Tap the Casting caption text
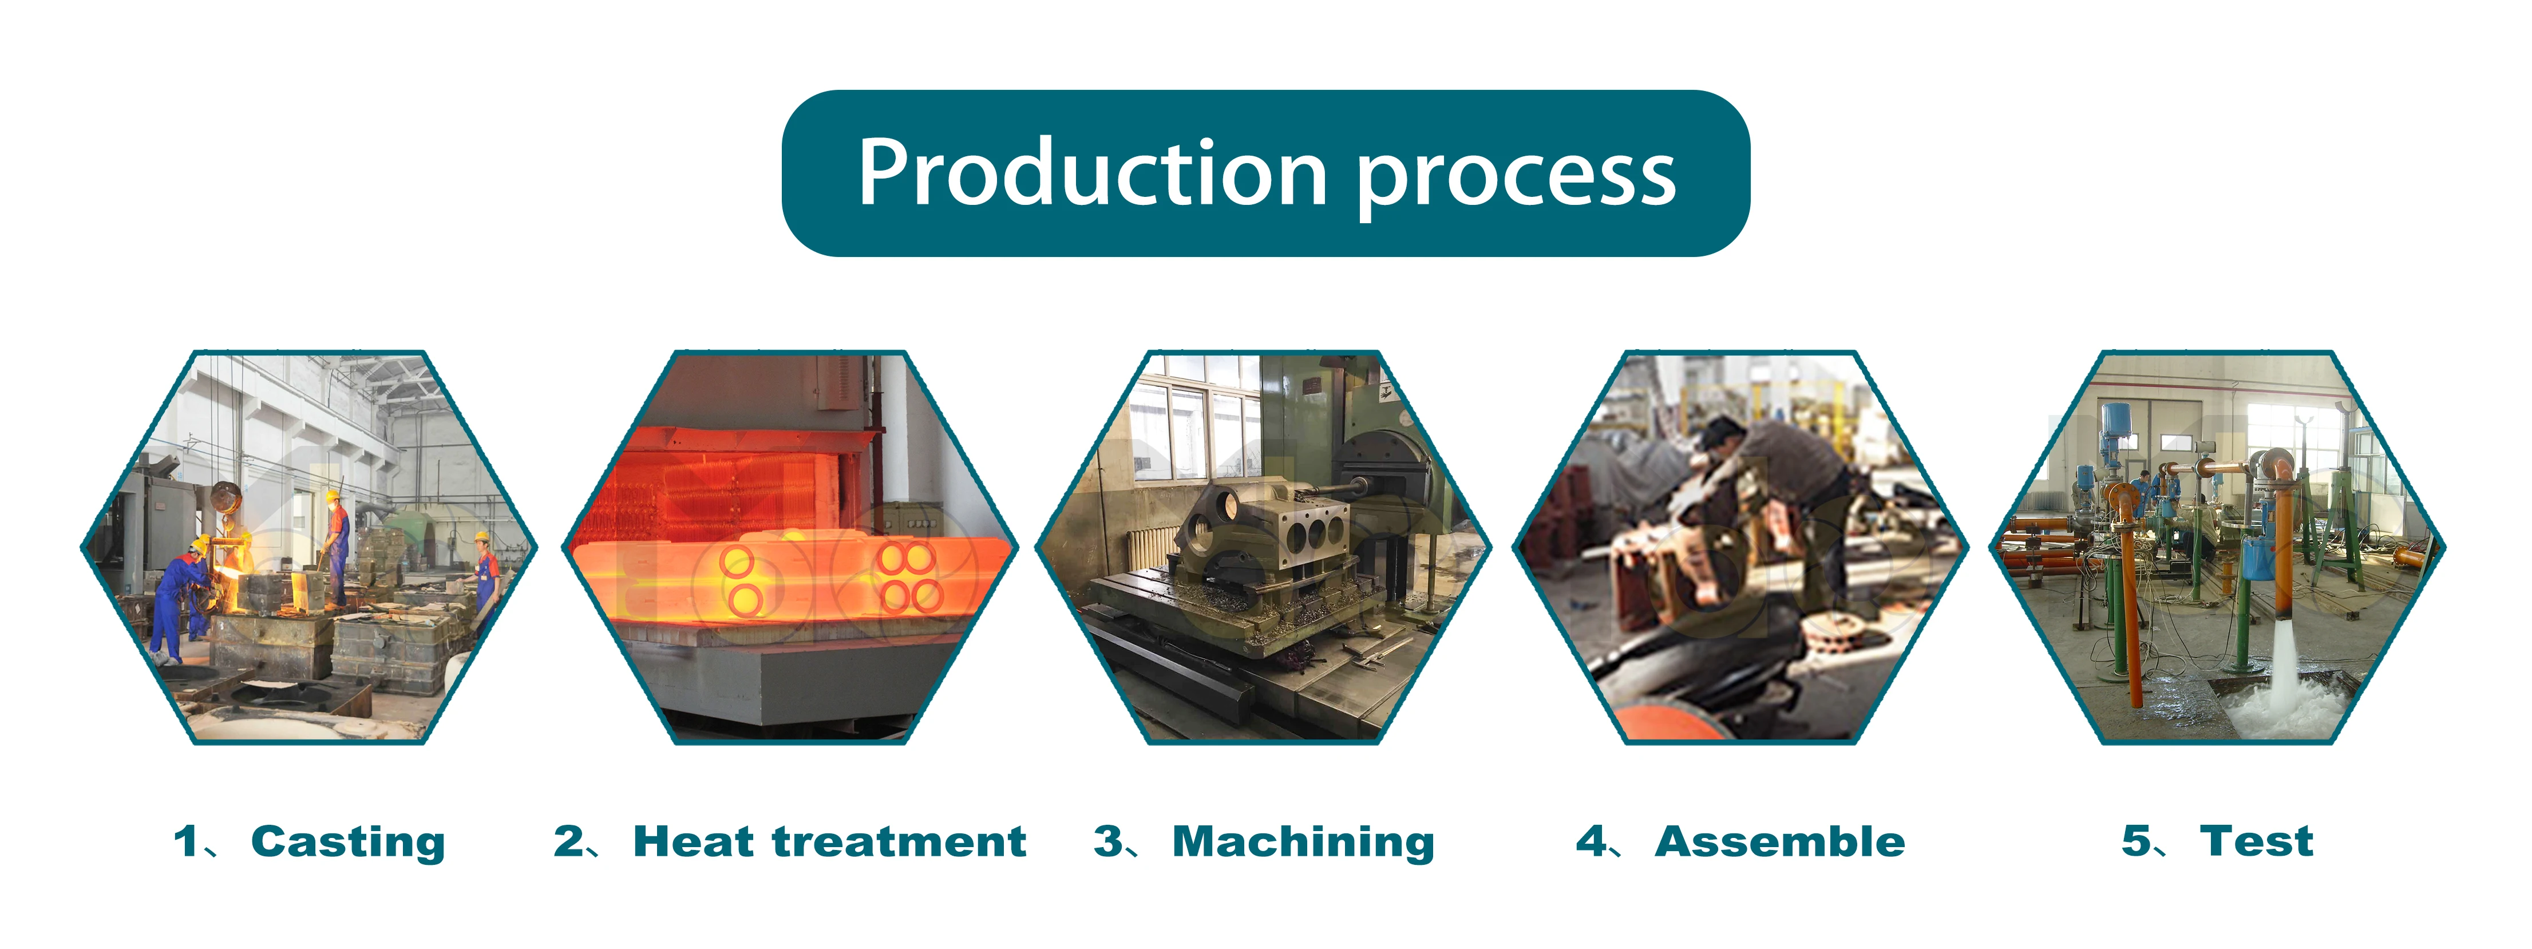(x=348, y=843)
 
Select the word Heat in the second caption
(x=694, y=842)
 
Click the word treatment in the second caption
(x=899, y=842)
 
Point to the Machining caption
(x=1303, y=843)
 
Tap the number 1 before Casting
(x=186, y=842)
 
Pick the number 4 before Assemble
(x=1591, y=842)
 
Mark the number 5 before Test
(x=2136, y=842)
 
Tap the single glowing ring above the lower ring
(x=737, y=563)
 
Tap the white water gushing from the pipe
(x=2282, y=679)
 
